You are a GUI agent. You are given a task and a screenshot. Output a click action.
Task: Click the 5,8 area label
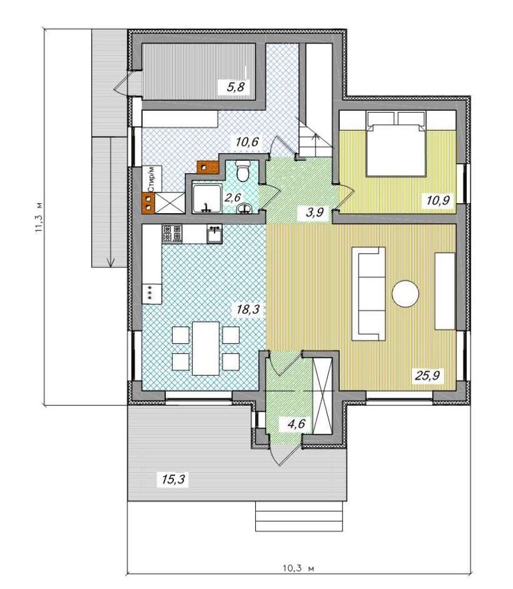[236, 88]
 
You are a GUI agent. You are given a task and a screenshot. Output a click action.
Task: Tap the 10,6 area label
[246, 143]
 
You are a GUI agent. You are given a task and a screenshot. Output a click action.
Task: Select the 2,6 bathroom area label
[232, 197]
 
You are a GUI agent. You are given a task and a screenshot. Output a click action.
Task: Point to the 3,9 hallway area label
[315, 213]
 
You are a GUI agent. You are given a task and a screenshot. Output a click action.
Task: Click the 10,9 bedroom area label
[438, 200]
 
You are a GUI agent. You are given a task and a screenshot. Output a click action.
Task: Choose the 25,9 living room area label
[427, 375]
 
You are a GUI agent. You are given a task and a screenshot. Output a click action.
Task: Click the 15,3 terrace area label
[173, 479]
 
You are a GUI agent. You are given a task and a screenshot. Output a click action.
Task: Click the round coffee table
[405, 294]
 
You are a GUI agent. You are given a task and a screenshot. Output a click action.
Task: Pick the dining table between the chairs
[206, 348]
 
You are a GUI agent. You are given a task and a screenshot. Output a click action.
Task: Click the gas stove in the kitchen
[172, 233]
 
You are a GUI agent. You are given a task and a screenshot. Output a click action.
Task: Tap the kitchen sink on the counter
[215, 234]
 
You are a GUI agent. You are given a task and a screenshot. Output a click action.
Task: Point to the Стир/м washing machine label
[152, 177]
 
